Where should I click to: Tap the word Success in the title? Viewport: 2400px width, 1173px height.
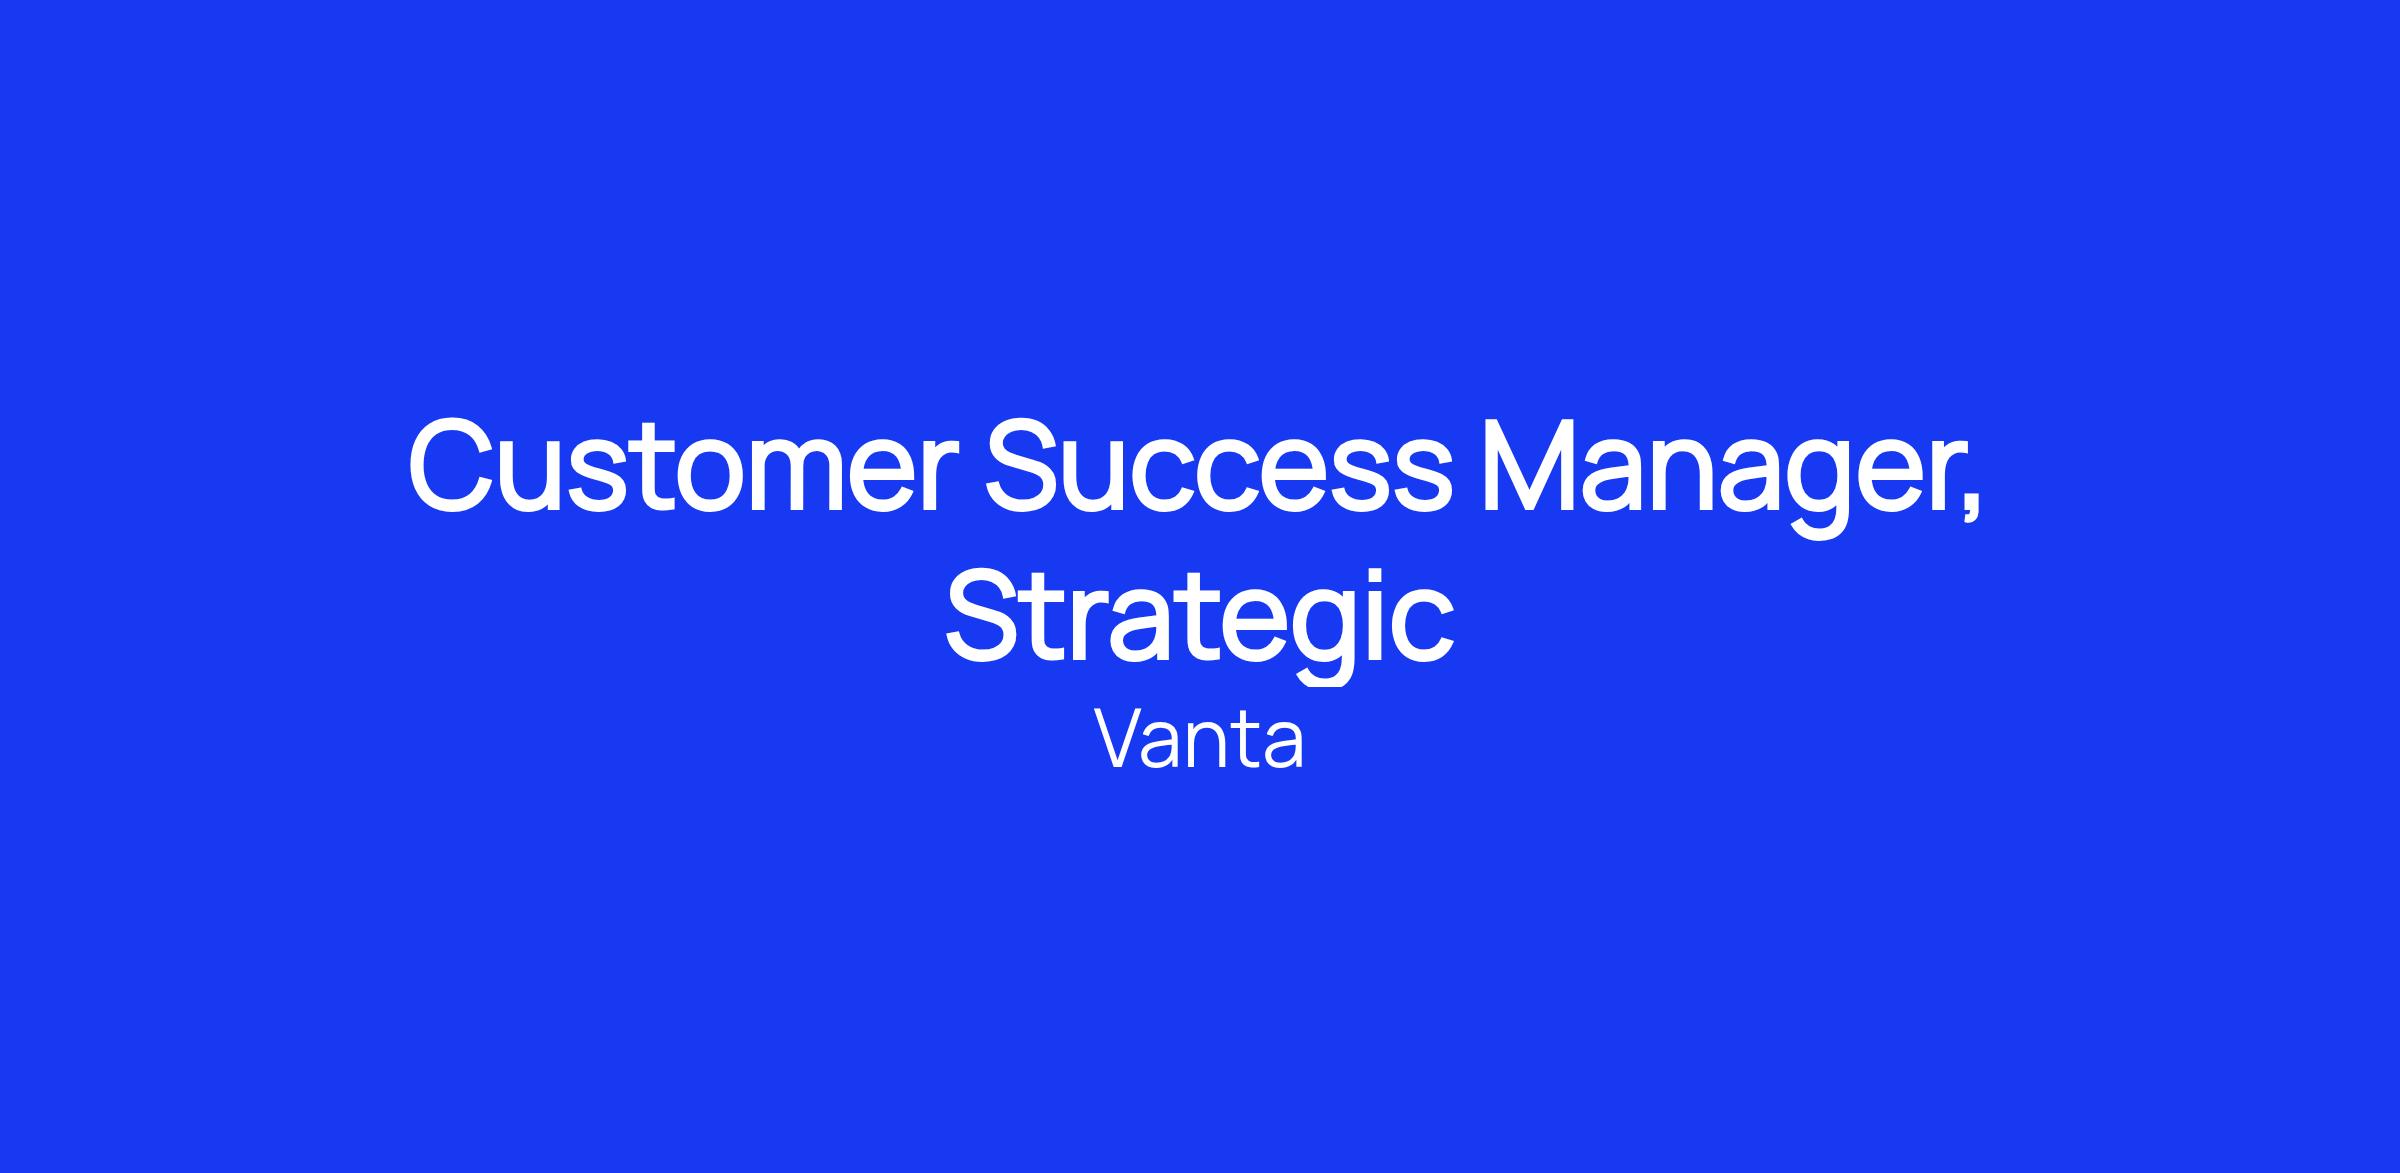pyautogui.click(x=1218, y=467)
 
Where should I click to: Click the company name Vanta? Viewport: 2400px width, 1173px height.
pyautogui.click(x=1199, y=741)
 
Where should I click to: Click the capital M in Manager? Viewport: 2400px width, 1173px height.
pyautogui.click(x=1530, y=467)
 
